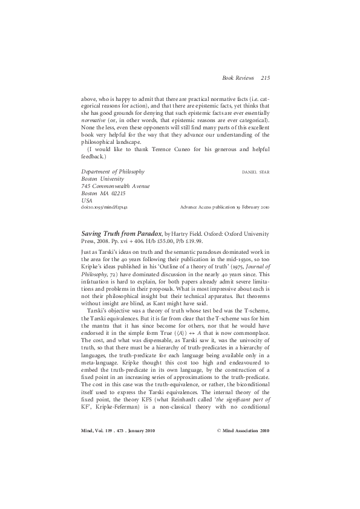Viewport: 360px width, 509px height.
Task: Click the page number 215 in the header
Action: [x=266, y=79]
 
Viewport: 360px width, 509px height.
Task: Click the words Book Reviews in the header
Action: [x=239, y=79]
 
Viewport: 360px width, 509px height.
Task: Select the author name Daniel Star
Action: [x=255, y=172]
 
